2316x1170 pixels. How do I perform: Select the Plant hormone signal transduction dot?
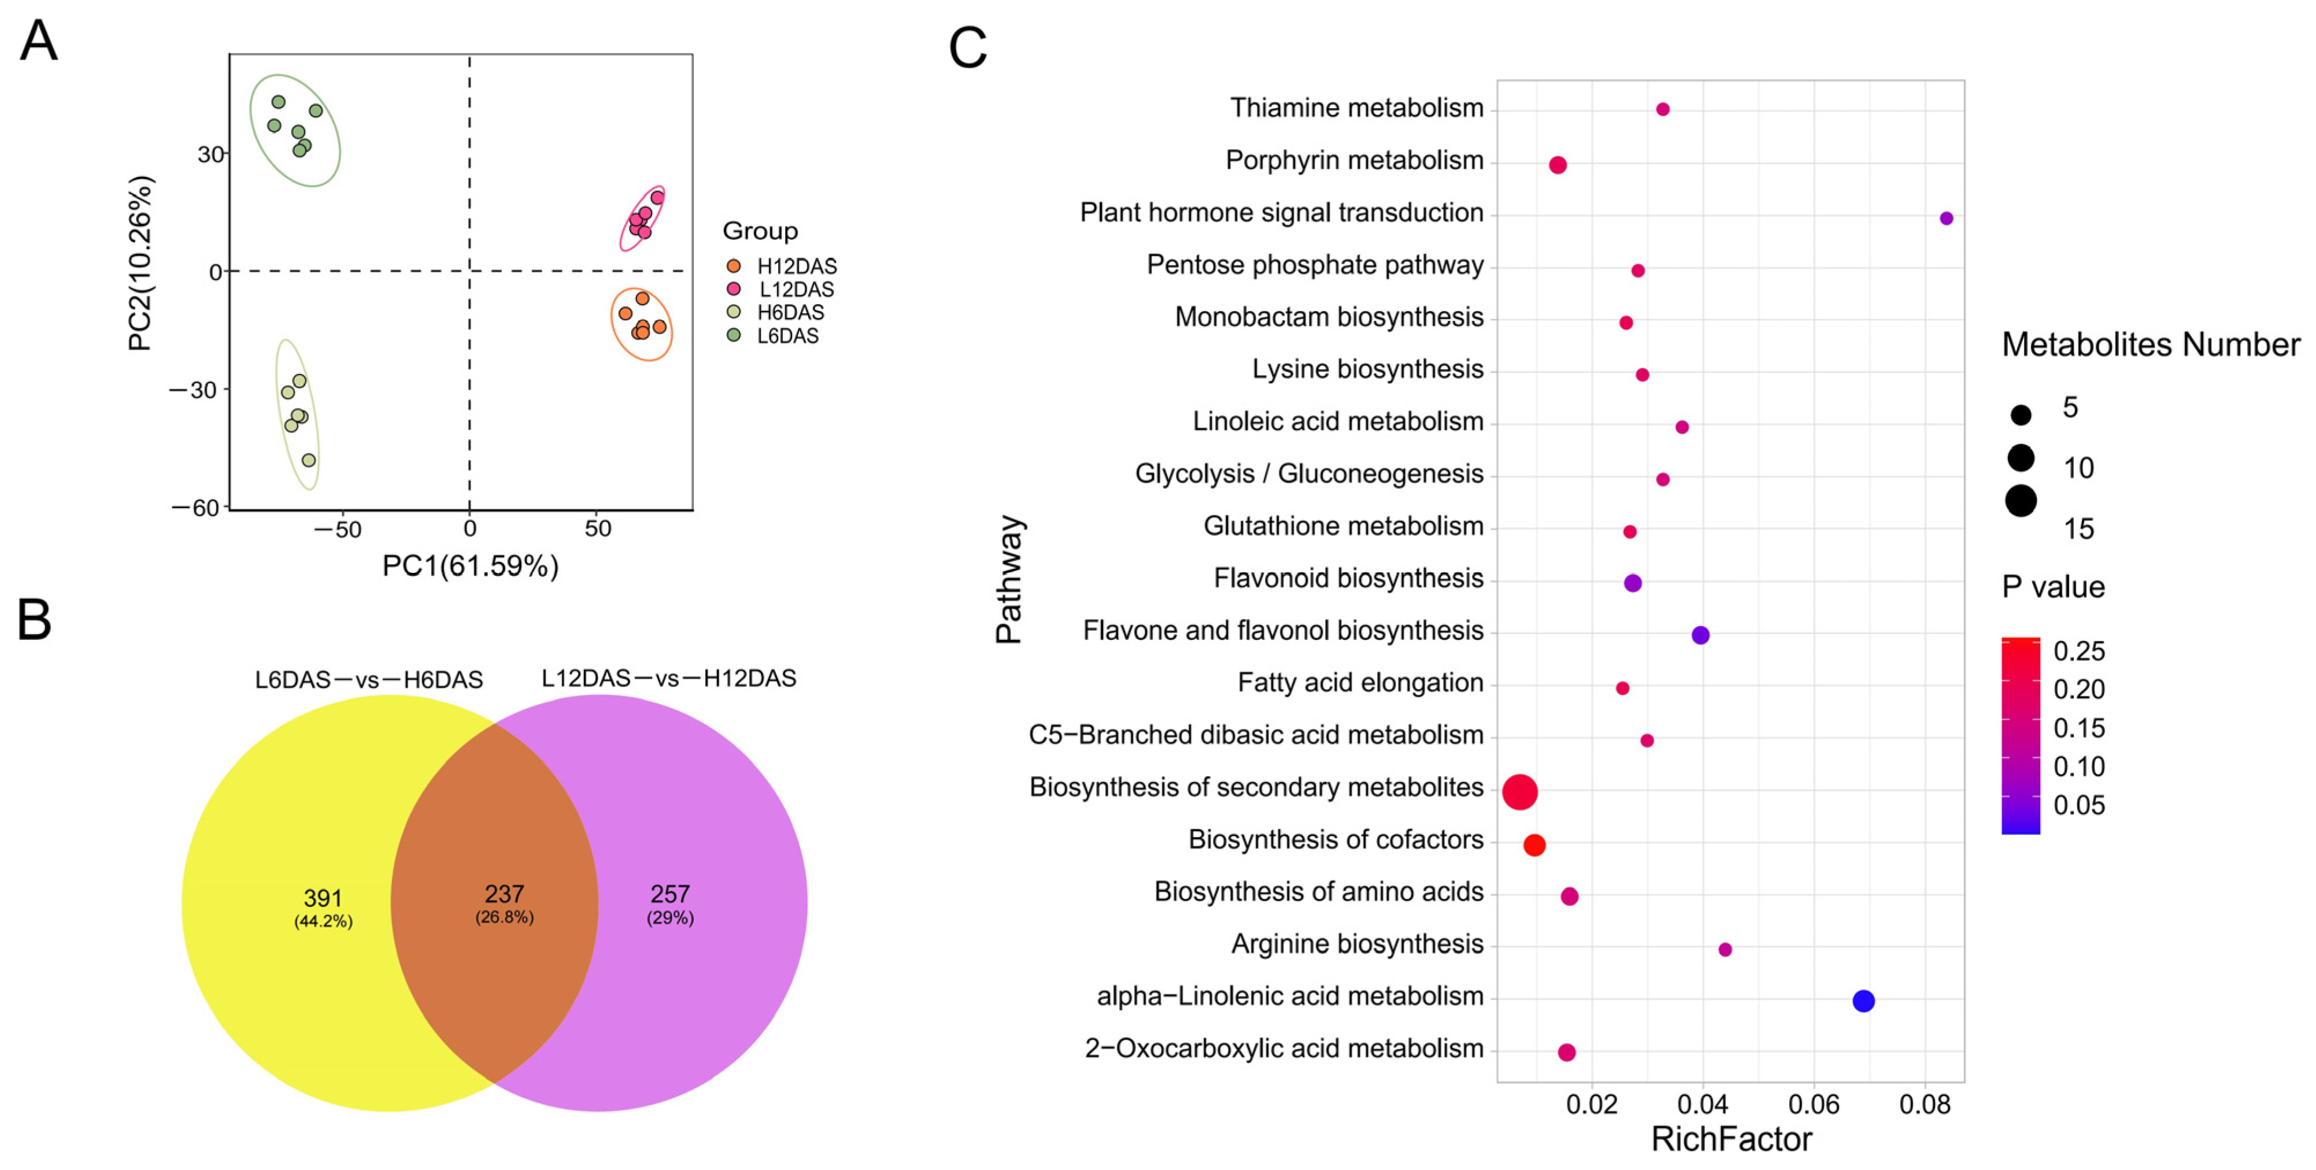(x=1945, y=219)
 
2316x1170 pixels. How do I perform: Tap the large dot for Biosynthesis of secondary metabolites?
(x=1519, y=792)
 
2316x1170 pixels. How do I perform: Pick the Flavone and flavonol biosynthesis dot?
(x=1700, y=635)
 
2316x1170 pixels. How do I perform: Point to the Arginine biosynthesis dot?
(x=1725, y=949)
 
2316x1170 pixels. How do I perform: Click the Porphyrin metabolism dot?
(x=1558, y=164)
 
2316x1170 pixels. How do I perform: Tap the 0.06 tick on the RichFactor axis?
(x=1814, y=1104)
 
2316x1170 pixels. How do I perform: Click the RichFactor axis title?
(x=1731, y=1139)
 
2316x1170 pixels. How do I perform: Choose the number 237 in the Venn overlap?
(x=504, y=894)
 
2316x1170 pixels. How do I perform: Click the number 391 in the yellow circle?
(x=323, y=898)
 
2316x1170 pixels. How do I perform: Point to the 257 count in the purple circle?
(x=670, y=894)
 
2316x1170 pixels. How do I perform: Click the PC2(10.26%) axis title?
(x=141, y=262)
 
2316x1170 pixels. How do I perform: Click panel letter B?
(x=34, y=620)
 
